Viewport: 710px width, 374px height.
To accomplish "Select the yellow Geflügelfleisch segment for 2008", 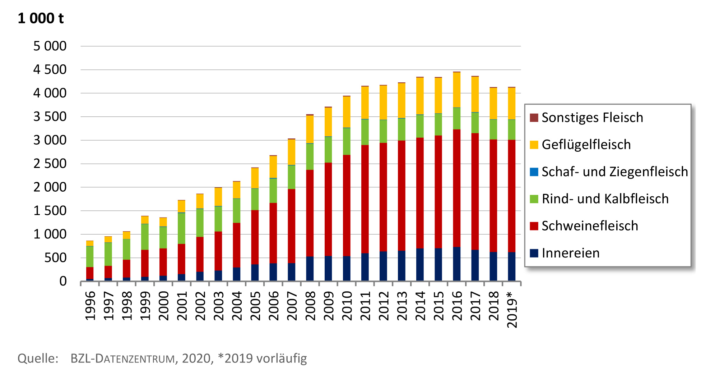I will click(x=310, y=129).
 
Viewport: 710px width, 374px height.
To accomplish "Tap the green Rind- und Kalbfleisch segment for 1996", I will click(x=90, y=256).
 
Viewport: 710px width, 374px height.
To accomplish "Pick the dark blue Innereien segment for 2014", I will click(x=420, y=264).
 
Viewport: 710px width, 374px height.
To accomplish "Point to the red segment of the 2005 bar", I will click(x=255, y=237).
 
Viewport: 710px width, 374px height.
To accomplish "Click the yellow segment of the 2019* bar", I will click(x=511, y=103).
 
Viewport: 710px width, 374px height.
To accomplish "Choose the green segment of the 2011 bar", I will click(x=365, y=132).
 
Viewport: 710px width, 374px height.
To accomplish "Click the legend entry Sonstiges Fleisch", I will click(x=592, y=118).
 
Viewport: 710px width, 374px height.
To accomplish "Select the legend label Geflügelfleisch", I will click(x=586, y=145).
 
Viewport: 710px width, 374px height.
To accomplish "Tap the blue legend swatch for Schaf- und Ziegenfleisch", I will click(x=534, y=172).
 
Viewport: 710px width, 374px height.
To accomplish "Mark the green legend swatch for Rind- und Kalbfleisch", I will click(x=534, y=199).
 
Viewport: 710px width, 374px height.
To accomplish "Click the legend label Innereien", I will click(x=570, y=253).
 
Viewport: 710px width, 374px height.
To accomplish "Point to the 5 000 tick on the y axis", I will click(x=50, y=46).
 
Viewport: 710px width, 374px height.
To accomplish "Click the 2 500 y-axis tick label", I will click(x=50, y=164).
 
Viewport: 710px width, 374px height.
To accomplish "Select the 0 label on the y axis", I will click(x=63, y=281).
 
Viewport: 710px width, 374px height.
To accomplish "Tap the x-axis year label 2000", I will click(x=163, y=306).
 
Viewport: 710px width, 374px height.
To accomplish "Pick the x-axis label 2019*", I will click(x=511, y=309).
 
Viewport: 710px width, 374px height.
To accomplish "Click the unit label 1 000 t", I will click(x=41, y=18).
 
